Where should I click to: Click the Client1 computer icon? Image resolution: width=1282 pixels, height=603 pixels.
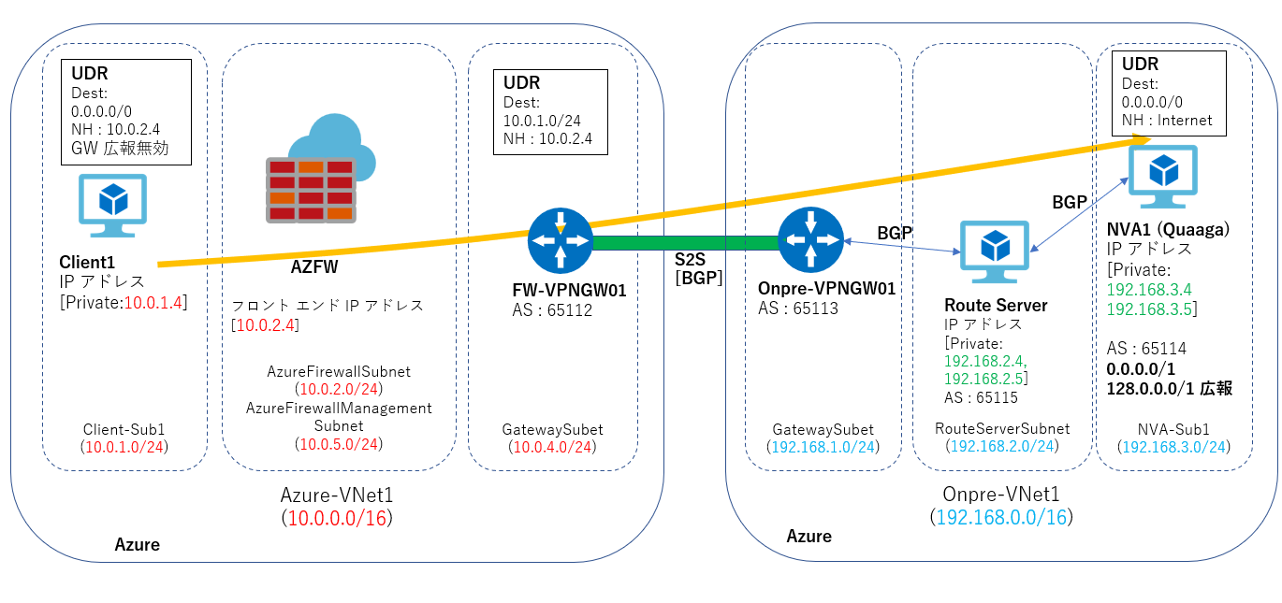(113, 210)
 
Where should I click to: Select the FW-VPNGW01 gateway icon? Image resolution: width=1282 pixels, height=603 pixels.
(560, 241)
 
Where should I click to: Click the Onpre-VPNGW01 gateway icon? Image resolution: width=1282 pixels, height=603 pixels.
(810, 241)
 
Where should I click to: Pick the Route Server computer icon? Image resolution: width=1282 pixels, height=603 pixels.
(995, 253)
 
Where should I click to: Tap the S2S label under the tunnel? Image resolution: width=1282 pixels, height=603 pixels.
(691, 260)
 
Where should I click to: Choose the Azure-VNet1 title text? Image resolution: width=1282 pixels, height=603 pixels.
(337, 495)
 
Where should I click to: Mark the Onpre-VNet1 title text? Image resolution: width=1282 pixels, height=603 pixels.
(1000, 495)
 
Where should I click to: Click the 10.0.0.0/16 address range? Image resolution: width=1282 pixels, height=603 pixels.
(337, 517)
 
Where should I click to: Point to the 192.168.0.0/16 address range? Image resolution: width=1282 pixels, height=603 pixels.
(1000, 517)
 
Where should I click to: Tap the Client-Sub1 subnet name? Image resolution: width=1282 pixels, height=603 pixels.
(124, 429)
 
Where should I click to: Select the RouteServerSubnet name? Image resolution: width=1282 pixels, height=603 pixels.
(1001, 429)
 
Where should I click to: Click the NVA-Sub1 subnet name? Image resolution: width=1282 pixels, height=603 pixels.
(1173, 429)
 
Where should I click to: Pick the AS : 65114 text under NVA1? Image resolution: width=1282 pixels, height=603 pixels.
(1146, 349)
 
